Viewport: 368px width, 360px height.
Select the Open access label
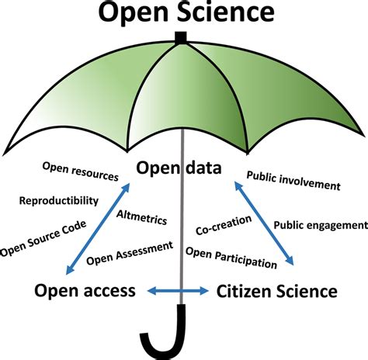pos(85,291)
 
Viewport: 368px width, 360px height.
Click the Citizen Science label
pos(276,291)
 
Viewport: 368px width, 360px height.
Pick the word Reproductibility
pos(59,200)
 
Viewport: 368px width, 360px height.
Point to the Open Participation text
pos(231,256)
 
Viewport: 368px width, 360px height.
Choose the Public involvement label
pos(293,185)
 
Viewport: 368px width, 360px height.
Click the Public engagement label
pos(320,225)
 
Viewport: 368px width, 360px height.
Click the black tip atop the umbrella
pos(182,36)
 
